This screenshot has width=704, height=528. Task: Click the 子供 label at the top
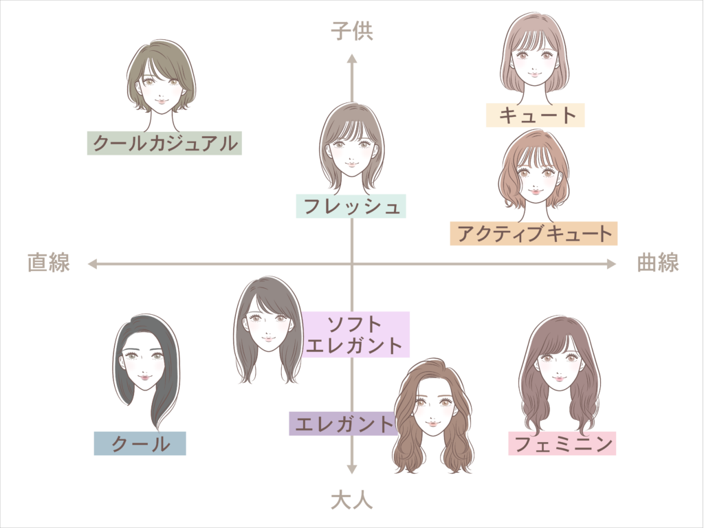pyautogui.click(x=352, y=32)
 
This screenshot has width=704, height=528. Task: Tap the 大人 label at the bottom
pyautogui.click(x=352, y=500)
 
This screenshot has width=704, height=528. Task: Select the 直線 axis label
pyautogui.click(x=49, y=263)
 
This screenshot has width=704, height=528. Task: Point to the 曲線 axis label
pyautogui.click(x=657, y=263)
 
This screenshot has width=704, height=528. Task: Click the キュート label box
pyautogui.click(x=535, y=115)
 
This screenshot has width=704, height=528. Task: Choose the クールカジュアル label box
pyautogui.click(x=164, y=143)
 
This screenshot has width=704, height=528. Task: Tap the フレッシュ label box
pyautogui.click(x=351, y=206)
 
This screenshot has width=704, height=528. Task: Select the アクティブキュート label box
pyautogui.click(x=533, y=233)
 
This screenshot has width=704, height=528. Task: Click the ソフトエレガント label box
pyautogui.click(x=356, y=334)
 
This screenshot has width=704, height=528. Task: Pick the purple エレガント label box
pyautogui.click(x=342, y=423)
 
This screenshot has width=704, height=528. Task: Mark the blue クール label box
pyautogui.click(x=140, y=443)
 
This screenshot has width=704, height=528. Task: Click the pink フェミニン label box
pyautogui.click(x=562, y=443)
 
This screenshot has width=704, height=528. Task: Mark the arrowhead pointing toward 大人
pyautogui.click(x=352, y=470)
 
